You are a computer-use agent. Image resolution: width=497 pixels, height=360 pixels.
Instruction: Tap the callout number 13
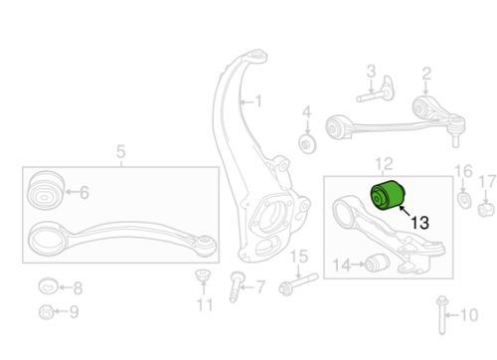419,224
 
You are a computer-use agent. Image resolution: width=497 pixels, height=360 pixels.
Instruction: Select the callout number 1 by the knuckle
257,101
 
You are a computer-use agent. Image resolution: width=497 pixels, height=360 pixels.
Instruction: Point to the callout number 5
120,152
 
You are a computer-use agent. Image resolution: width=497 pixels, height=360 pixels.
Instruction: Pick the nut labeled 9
45,314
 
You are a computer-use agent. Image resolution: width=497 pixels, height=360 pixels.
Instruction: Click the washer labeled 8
46,287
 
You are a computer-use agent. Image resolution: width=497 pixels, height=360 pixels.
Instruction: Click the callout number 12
385,161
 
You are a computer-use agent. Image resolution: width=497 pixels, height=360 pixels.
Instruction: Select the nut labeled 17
486,208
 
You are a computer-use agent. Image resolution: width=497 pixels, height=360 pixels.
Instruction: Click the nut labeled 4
306,142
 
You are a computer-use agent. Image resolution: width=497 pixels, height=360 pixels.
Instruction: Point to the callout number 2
425,73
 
